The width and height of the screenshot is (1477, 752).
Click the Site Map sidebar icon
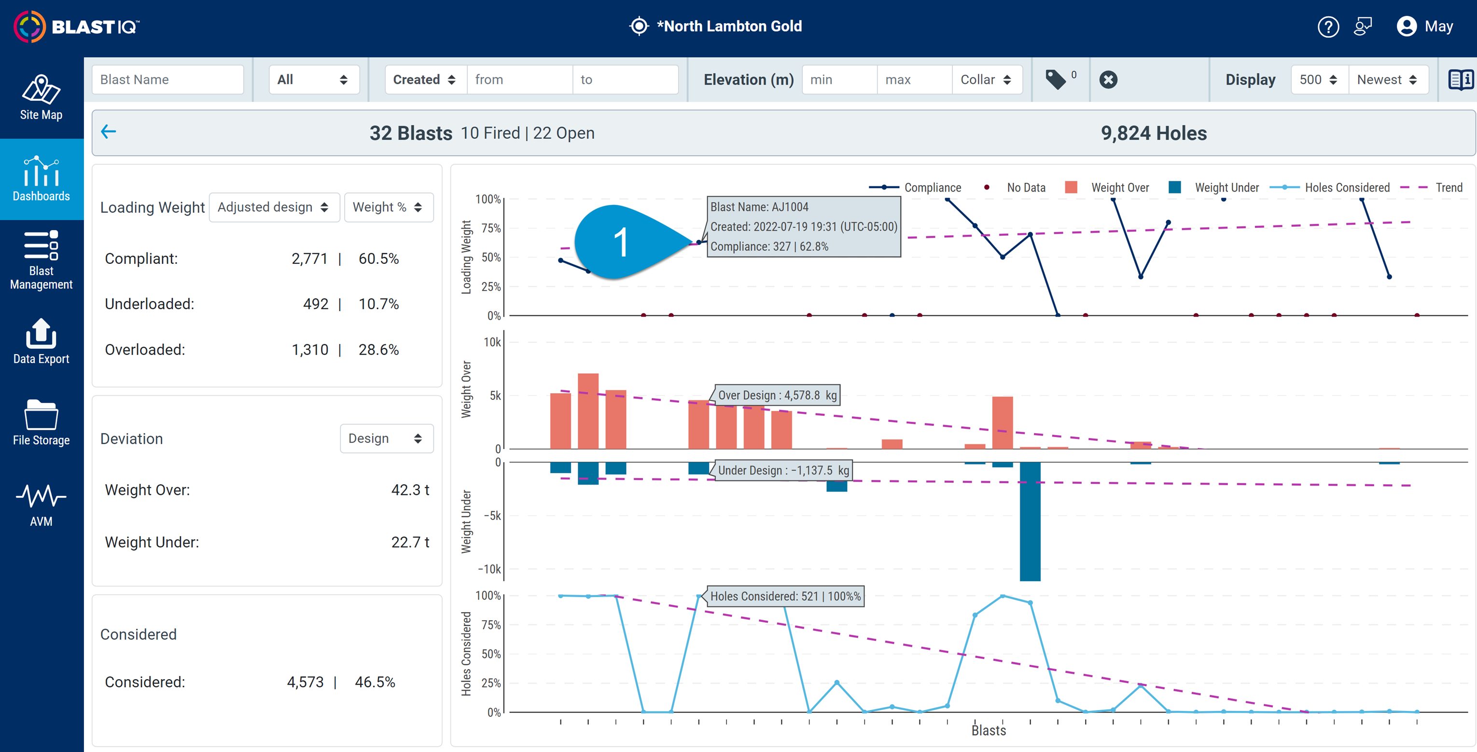pyautogui.click(x=41, y=90)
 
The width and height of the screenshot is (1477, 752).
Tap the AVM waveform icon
pyautogui.click(x=41, y=496)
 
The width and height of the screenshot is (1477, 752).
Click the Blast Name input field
pyautogui.click(x=167, y=80)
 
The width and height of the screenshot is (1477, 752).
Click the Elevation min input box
pyautogui.click(x=839, y=80)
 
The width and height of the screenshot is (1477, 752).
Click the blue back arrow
pyautogui.click(x=109, y=132)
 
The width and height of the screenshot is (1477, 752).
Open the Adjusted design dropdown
pyautogui.click(x=274, y=207)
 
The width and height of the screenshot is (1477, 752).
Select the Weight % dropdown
pyautogui.click(x=388, y=207)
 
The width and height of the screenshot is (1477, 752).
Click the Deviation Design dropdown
pyautogui.click(x=387, y=438)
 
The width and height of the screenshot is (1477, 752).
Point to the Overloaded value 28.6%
pyautogui.click(x=378, y=350)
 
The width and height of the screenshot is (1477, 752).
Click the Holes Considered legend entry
pyautogui.click(x=1330, y=188)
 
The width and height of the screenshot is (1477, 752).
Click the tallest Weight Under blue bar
pyautogui.click(x=1030, y=521)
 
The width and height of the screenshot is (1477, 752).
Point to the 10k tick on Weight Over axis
pyautogui.click(x=492, y=342)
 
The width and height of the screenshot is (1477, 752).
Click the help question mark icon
pyautogui.click(x=1328, y=27)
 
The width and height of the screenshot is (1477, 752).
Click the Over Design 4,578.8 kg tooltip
pyautogui.click(x=777, y=395)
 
